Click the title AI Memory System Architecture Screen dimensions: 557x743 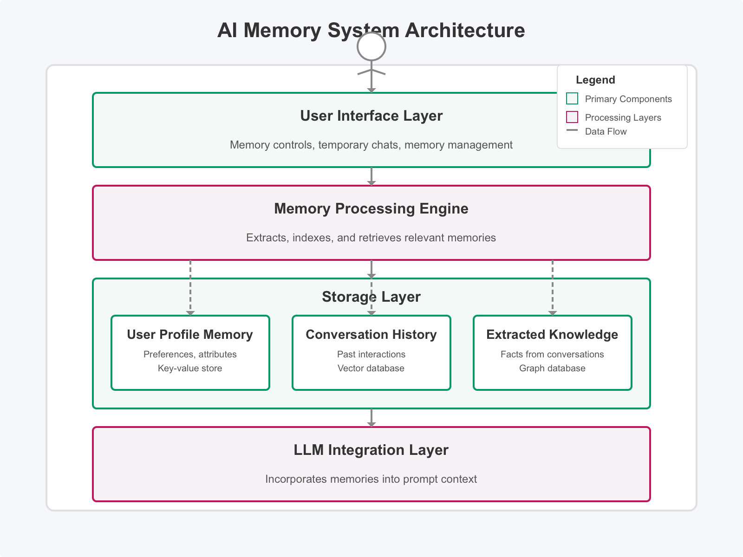click(x=371, y=31)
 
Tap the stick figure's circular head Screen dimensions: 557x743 click(x=371, y=46)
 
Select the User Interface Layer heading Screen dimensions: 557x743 click(x=371, y=116)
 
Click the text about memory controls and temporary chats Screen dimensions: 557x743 click(x=371, y=145)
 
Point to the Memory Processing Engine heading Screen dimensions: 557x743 click(x=371, y=208)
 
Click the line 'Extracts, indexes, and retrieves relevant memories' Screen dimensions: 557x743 click(x=371, y=238)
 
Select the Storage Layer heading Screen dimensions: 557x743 click(x=371, y=297)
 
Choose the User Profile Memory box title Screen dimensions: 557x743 click(x=190, y=335)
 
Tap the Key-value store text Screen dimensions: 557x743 click(x=190, y=368)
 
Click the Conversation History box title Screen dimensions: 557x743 click(x=371, y=335)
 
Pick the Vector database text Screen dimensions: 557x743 click(x=371, y=368)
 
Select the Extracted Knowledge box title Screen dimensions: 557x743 click(x=552, y=335)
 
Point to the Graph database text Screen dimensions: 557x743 click(x=552, y=368)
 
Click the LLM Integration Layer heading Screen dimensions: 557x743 click(x=371, y=450)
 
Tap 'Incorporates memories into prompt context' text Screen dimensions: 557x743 click(x=371, y=479)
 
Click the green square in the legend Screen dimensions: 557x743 click(x=572, y=98)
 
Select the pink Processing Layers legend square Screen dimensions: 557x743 click(x=572, y=117)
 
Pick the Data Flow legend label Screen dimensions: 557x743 click(x=606, y=131)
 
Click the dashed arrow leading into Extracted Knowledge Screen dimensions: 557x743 click(x=553, y=288)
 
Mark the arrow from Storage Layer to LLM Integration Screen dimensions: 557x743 click(x=371, y=417)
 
